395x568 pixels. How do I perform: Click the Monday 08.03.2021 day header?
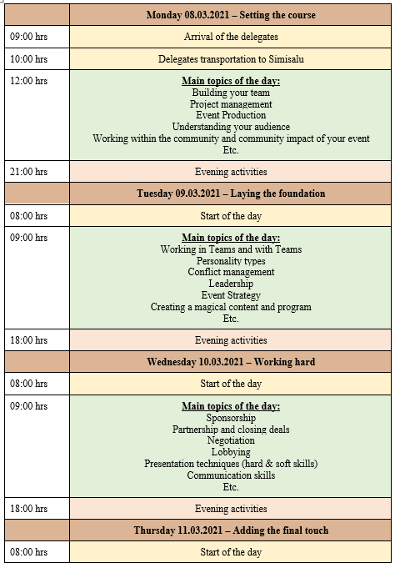231,15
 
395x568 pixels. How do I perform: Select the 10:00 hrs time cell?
29,59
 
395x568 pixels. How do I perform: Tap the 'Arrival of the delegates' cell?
231,37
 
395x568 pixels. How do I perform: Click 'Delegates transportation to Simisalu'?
231,59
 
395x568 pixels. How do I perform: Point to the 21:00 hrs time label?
29,172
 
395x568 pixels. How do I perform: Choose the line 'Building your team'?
231,93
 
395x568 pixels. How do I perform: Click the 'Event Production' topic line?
231,115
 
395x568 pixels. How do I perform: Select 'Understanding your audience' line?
231,127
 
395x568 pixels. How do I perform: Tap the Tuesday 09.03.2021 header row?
231,194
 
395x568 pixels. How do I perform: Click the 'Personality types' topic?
231,261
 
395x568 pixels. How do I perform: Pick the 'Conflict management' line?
231,272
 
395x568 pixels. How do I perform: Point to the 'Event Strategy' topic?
231,295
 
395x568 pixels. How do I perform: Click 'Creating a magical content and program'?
231,307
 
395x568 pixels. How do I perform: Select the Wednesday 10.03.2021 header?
231,362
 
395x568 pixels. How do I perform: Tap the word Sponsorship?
231,417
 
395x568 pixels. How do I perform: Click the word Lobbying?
231,452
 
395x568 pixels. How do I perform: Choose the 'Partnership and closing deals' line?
231,429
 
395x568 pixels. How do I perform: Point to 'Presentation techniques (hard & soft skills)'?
231,464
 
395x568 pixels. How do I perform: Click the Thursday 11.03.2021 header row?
231,530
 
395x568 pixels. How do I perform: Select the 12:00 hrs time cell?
29,81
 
